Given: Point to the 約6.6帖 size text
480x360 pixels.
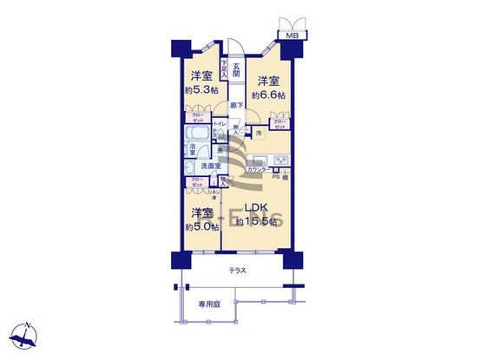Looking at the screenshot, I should point(267,95).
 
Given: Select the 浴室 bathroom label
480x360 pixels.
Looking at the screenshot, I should point(192,148).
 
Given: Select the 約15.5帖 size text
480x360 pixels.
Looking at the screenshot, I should point(256,222).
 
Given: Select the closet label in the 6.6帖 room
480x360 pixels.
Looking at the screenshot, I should point(279,124).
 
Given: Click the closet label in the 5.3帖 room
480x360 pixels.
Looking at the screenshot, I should point(192,117).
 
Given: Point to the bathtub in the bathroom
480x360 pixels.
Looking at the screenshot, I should point(197,135).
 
